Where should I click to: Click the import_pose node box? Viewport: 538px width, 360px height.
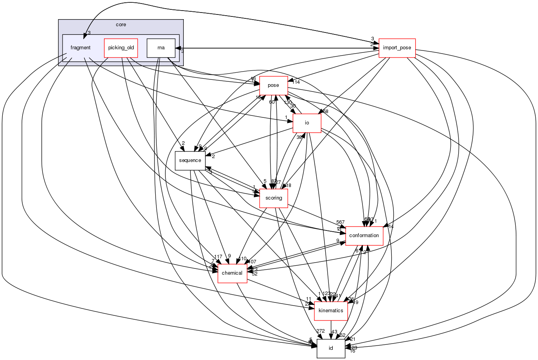(x=397, y=48)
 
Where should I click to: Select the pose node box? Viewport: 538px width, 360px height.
(x=273, y=85)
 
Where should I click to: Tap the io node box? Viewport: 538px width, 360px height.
(x=307, y=123)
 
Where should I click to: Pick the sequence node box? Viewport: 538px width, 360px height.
(x=190, y=160)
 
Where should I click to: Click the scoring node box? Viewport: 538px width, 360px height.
(x=274, y=198)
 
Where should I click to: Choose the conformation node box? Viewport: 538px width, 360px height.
(x=364, y=236)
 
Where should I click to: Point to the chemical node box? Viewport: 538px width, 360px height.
(x=232, y=273)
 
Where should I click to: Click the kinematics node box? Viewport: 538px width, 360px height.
(x=331, y=311)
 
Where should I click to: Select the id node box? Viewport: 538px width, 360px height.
(x=331, y=348)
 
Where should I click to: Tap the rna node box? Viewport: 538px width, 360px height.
(x=161, y=48)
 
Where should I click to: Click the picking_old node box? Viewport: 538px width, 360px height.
(x=121, y=48)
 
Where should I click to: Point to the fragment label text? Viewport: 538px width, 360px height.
(x=81, y=48)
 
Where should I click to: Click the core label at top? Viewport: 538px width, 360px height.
(x=121, y=25)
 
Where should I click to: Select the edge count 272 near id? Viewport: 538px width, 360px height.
(x=321, y=331)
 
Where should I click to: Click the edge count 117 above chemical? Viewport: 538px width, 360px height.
(x=218, y=257)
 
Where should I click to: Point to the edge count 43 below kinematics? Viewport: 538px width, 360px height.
(x=334, y=332)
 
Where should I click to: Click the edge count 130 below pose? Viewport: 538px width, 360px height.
(x=288, y=103)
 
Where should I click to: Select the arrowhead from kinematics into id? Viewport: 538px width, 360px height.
(x=331, y=336)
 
